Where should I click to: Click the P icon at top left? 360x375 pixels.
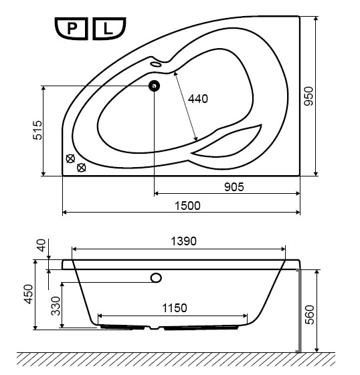point(72,29)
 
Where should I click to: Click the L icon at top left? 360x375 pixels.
point(109,29)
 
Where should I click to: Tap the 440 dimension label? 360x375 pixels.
point(198,99)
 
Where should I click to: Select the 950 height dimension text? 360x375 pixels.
point(308,96)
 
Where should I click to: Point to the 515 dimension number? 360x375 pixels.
point(37,130)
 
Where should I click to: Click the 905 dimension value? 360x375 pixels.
point(234,187)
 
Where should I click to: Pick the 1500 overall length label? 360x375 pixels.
point(187,206)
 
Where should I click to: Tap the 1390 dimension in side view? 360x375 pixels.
point(183,241)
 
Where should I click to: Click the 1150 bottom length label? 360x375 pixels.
point(175,308)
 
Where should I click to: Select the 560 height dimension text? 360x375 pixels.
point(309,314)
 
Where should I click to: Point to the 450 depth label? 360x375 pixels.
point(28,294)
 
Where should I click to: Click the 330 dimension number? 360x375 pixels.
point(56,306)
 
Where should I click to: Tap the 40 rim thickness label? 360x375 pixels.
point(41,245)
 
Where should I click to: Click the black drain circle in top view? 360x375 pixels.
point(154,86)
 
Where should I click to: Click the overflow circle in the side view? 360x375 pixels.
point(156,278)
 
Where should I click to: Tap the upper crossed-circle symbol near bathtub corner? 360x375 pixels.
point(70,158)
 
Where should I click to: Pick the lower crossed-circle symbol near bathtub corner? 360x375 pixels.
point(82,168)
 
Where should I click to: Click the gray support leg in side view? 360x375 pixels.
point(299,310)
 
